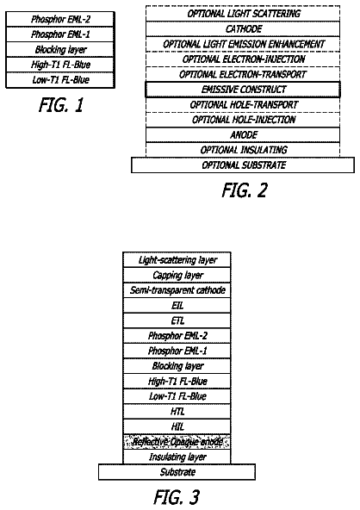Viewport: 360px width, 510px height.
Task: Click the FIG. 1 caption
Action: (x=61, y=105)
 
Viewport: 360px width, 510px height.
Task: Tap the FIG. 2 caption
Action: (x=245, y=190)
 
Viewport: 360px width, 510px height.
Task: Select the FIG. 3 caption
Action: (x=177, y=497)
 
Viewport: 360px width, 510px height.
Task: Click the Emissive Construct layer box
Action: (x=243, y=90)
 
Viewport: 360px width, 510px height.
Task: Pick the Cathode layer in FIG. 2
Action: (x=243, y=29)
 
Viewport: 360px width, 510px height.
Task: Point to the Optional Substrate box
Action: (x=243, y=165)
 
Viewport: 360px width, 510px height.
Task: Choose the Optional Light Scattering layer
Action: (x=243, y=14)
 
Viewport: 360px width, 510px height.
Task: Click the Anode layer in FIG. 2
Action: (x=243, y=135)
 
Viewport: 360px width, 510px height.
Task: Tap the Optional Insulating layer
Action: (x=243, y=150)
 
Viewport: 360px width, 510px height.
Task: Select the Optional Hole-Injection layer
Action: (x=243, y=120)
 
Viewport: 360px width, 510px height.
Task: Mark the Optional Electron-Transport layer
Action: (x=243, y=74)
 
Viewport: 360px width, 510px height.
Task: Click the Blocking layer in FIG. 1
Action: (x=60, y=49)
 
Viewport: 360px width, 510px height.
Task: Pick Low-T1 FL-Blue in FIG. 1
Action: (x=60, y=80)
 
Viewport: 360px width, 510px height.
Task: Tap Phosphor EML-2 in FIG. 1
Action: (x=60, y=19)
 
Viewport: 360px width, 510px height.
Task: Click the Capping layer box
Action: (x=177, y=275)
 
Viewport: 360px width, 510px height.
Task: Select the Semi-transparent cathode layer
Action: (x=177, y=290)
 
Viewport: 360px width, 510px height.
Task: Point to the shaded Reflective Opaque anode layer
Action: (x=177, y=442)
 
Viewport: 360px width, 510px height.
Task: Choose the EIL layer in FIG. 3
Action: (x=177, y=306)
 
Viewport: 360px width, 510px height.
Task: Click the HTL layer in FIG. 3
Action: (x=177, y=412)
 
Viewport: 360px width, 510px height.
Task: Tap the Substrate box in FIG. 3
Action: (x=177, y=472)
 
